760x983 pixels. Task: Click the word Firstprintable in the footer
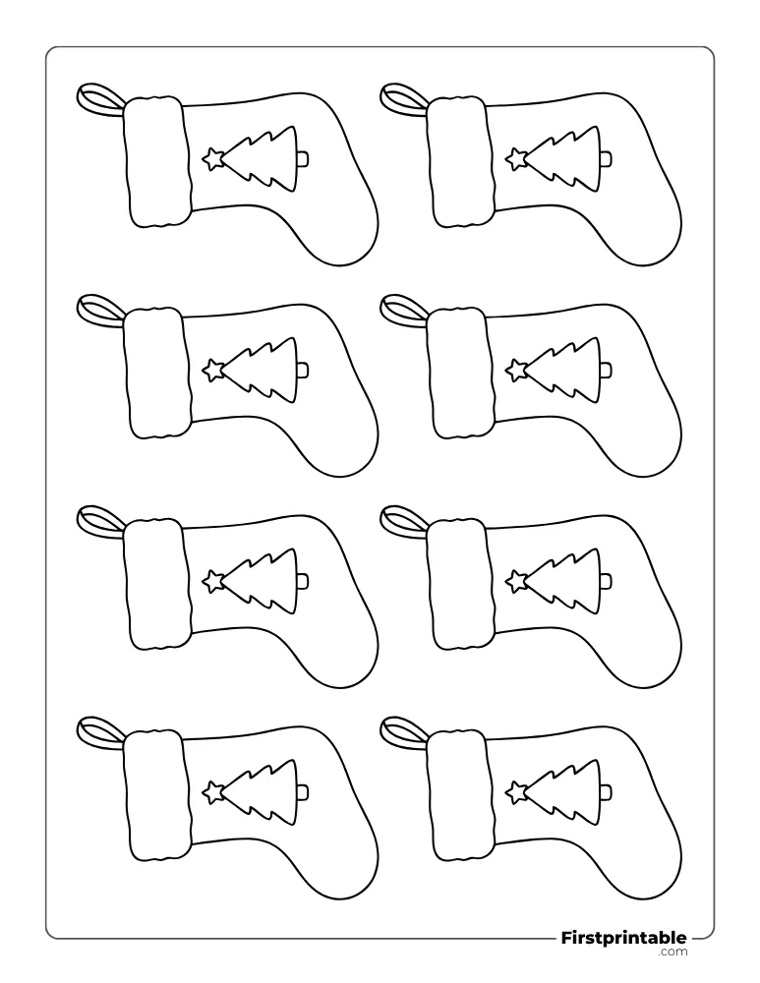click(623, 938)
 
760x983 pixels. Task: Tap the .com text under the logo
click(672, 952)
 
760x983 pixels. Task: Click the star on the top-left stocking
click(213, 158)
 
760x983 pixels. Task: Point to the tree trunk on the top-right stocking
click(607, 158)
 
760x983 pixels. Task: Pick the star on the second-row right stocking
click(516, 370)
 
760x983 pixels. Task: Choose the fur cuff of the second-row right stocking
click(460, 374)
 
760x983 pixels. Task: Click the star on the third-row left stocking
click(213, 581)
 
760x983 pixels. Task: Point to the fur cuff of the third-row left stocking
click(157, 585)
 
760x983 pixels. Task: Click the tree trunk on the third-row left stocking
click(304, 582)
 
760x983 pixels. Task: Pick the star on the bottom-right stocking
click(516, 791)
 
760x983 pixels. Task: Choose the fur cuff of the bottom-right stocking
click(460, 795)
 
